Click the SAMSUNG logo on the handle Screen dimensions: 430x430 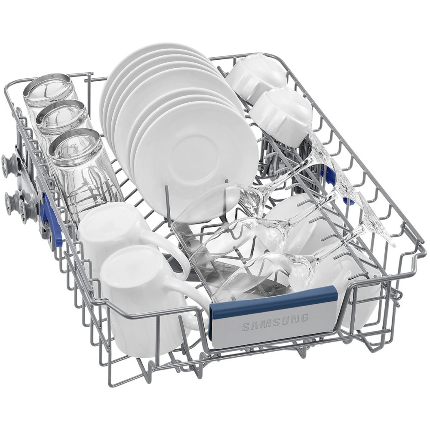(x=275, y=322)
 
